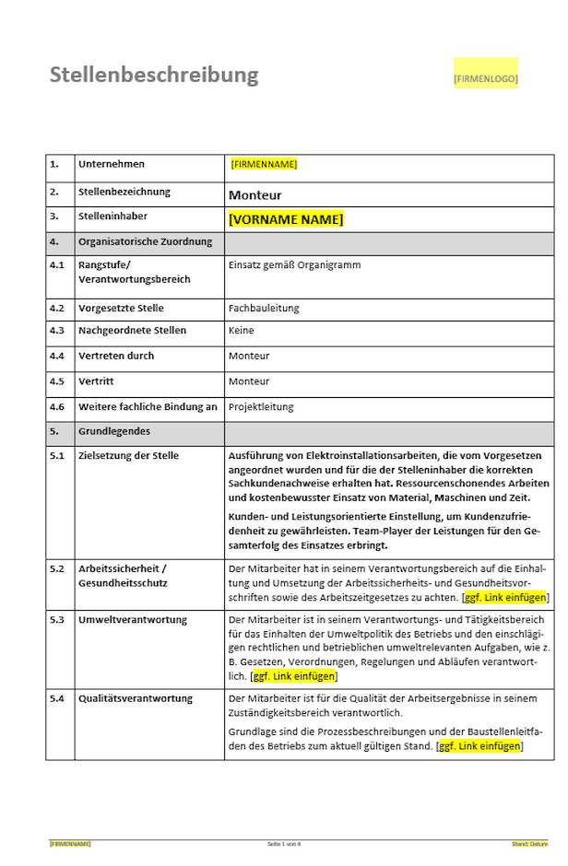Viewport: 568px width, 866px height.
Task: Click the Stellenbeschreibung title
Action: coord(154,75)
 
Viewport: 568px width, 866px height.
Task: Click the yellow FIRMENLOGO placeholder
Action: coord(485,79)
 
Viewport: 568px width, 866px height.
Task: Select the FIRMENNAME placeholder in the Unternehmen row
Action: coord(264,164)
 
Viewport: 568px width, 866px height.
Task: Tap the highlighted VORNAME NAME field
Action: coord(286,219)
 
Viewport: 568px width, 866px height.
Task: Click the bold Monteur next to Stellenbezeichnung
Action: coord(255,195)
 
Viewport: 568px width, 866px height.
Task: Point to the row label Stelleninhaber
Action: coord(112,216)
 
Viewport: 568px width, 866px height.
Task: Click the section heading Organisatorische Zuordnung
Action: coord(145,241)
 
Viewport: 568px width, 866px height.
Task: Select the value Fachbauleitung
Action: coord(264,308)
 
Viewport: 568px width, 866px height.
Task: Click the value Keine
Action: coord(241,330)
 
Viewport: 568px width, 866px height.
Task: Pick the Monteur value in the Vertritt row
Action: coord(249,380)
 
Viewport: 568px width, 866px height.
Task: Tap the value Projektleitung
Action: coord(261,406)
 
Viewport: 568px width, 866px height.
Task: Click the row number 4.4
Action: coord(57,356)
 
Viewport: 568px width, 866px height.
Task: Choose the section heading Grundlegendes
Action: coord(114,430)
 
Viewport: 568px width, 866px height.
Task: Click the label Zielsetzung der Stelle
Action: coord(128,455)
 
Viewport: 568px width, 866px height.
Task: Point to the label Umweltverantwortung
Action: coord(134,619)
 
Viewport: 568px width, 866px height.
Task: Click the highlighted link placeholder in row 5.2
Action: coord(506,597)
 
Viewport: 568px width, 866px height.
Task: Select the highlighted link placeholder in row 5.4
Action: coord(480,745)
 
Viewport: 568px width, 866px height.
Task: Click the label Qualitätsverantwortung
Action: coord(136,698)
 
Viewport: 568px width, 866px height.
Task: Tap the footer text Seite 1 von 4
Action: coord(284,844)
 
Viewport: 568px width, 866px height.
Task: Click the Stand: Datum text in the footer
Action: coord(529,844)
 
